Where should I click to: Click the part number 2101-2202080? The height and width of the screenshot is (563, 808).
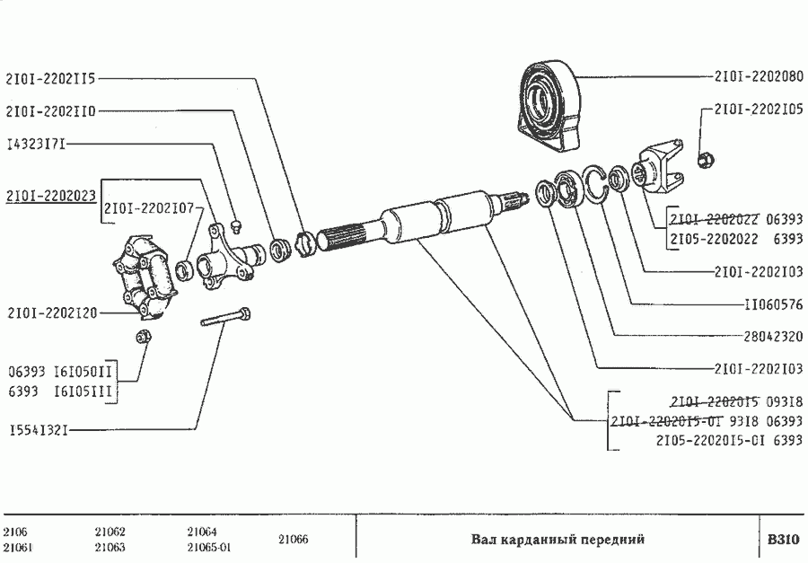pyautogui.click(x=759, y=76)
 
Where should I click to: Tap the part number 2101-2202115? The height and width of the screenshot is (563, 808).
pyautogui.click(x=50, y=78)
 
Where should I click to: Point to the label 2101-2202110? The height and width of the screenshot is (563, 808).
pyautogui.click(x=50, y=111)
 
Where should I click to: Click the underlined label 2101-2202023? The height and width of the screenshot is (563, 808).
pyautogui.click(x=50, y=195)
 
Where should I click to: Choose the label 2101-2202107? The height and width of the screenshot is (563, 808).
pyautogui.click(x=149, y=209)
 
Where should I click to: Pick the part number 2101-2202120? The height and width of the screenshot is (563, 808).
pyautogui.click(x=50, y=312)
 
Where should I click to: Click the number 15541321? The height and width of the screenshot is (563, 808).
pyautogui.click(x=38, y=430)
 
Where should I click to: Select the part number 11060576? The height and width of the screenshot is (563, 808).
pyautogui.click(x=773, y=303)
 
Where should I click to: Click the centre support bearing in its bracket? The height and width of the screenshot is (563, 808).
pyautogui.click(x=549, y=103)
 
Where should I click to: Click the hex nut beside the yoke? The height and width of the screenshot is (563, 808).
pyautogui.click(x=707, y=162)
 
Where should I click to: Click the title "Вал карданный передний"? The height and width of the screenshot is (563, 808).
pyautogui.click(x=558, y=540)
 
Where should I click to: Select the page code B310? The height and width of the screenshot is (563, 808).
pyautogui.click(x=781, y=540)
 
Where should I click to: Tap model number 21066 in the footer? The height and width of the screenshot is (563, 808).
pyautogui.click(x=293, y=540)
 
